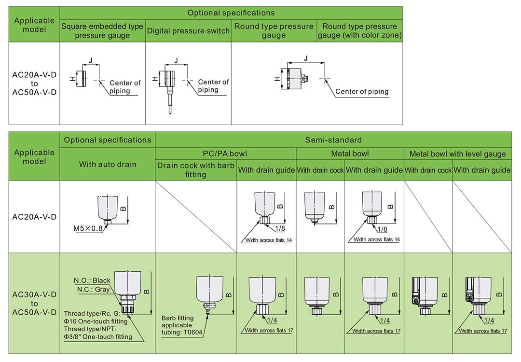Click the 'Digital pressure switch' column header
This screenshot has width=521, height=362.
188,31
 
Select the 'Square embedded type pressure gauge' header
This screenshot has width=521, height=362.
102,31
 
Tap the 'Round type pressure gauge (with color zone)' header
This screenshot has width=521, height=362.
360,31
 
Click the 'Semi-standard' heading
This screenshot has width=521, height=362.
333,140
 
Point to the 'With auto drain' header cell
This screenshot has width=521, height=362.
108,164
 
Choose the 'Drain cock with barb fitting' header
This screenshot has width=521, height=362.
195,170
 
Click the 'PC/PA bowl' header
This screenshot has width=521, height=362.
225,154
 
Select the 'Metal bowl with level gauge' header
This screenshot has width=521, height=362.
457,154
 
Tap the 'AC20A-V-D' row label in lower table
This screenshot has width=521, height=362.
34,217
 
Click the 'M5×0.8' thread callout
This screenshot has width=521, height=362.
88,228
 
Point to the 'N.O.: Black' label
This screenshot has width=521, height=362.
92,280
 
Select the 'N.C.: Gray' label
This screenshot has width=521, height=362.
94,290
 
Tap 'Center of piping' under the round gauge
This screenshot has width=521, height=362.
362,91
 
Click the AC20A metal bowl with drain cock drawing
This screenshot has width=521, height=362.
315,207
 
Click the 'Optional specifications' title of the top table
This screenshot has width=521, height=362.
231,13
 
